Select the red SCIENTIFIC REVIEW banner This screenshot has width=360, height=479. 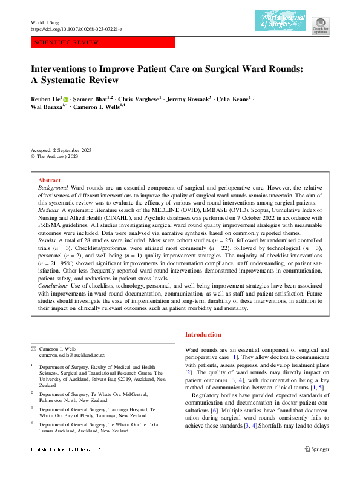tap(102, 43)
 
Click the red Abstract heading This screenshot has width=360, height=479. tap(49, 180)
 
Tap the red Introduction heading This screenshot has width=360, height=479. tap(204, 334)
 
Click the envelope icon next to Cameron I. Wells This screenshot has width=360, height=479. tap(33, 349)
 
